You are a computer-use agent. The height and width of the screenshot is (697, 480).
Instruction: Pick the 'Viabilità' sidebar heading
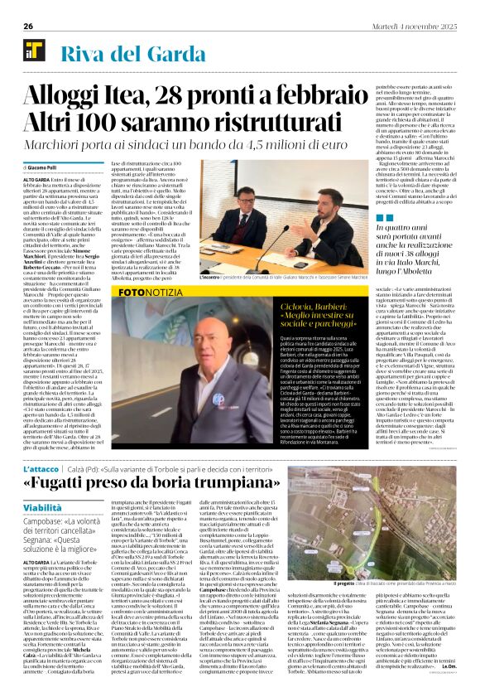pyautogui.click(x=42, y=507)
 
